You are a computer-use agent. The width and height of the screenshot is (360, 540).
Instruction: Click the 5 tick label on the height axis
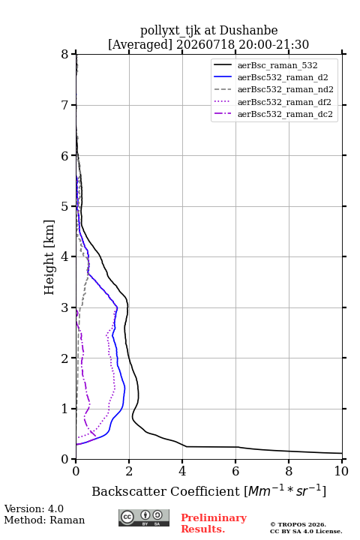[x=65, y=206]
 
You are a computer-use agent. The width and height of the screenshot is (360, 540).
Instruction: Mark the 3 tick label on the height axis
[x=65, y=307]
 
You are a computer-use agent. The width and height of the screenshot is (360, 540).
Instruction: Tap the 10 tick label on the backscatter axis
[x=341, y=471]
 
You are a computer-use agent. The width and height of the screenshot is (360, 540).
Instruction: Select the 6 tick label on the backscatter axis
[x=235, y=471]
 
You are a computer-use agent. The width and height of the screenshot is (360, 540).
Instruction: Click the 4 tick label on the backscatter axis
[x=182, y=471]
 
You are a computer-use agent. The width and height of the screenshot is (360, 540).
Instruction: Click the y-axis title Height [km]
[x=49, y=257]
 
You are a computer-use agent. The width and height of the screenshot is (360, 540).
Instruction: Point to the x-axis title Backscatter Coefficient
[x=165, y=491]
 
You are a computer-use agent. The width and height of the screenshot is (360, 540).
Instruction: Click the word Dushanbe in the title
[x=248, y=31]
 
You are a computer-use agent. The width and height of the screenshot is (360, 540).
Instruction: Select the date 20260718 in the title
[x=205, y=44]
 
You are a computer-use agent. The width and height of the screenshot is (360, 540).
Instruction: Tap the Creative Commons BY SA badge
[x=144, y=517]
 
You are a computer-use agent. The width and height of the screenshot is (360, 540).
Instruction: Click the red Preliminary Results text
[x=214, y=523]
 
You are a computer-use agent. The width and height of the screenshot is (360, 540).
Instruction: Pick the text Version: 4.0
[x=34, y=508]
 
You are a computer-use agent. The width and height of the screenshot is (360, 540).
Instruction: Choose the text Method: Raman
[x=44, y=520]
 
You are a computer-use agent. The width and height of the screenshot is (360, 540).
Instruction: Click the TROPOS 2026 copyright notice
[x=298, y=524]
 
